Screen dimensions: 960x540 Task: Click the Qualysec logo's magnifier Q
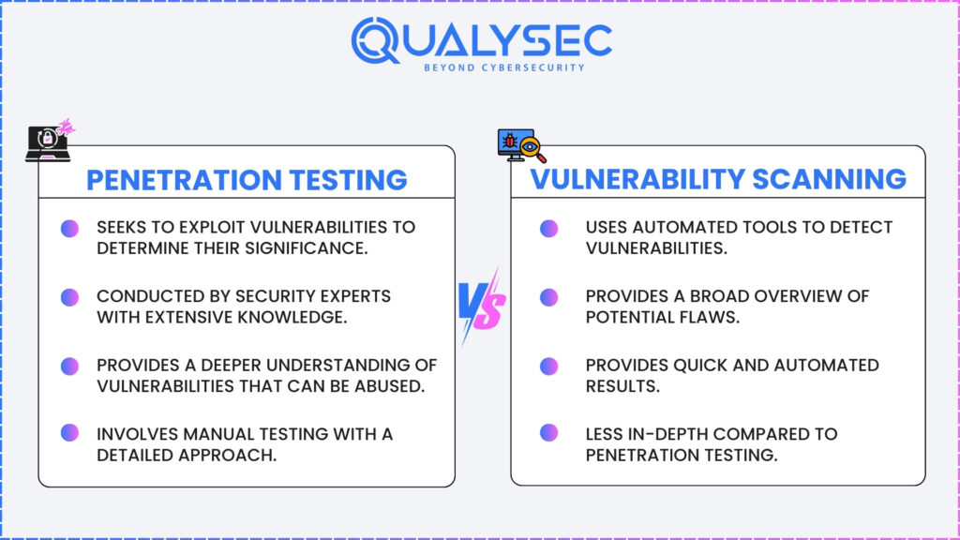pos(375,40)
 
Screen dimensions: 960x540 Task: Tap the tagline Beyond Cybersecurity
pos(504,67)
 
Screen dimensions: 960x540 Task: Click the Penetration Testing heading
pos(247,180)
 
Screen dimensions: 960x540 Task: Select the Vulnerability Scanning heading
pos(717,179)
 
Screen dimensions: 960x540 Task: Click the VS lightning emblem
pos(483,306)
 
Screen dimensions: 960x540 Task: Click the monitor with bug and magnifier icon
pos(521,146)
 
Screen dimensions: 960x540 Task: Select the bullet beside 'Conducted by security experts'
pos(69,297)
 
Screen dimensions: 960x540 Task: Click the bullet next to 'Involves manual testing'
pos(69,433)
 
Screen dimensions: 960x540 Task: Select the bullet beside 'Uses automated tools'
pos(548,229)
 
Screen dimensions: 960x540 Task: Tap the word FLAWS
pos(711,317)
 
